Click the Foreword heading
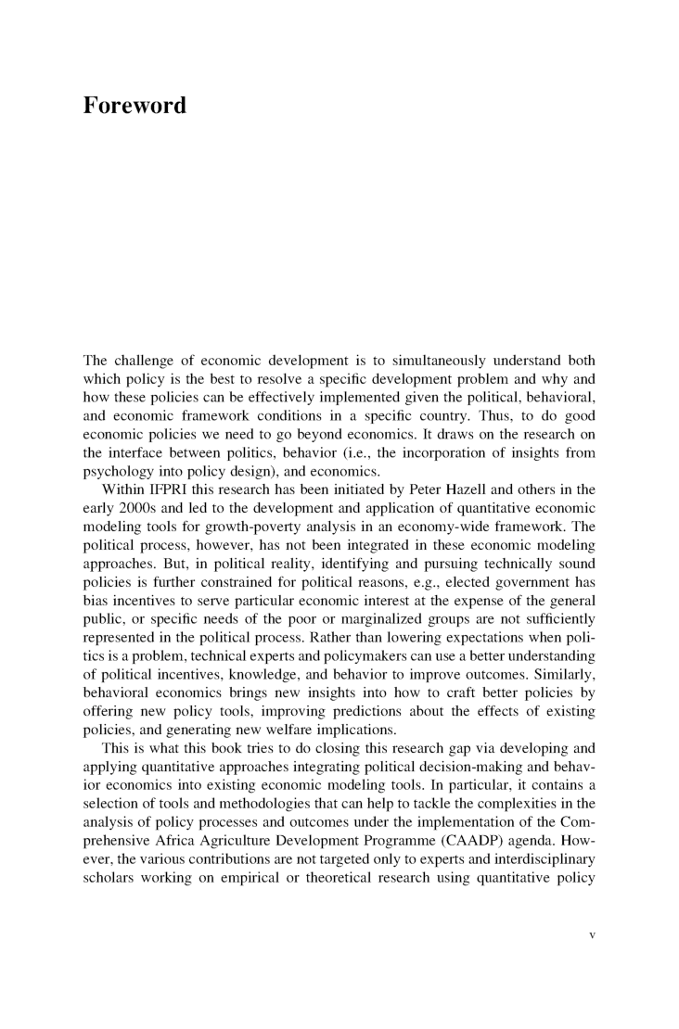(x=135, y=106)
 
